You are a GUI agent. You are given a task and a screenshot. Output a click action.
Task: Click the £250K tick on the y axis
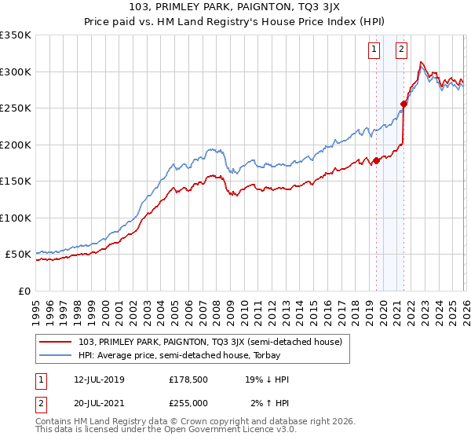[15, 108]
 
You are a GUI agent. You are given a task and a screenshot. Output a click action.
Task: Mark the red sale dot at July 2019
[376, 160]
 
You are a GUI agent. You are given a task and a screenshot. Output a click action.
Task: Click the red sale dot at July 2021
[404, 104]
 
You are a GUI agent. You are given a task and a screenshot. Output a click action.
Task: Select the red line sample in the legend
[57, 342]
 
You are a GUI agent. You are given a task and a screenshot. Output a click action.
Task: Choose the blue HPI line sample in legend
[57, 355]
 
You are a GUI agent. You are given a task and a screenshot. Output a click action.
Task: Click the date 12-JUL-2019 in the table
[100, 379]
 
